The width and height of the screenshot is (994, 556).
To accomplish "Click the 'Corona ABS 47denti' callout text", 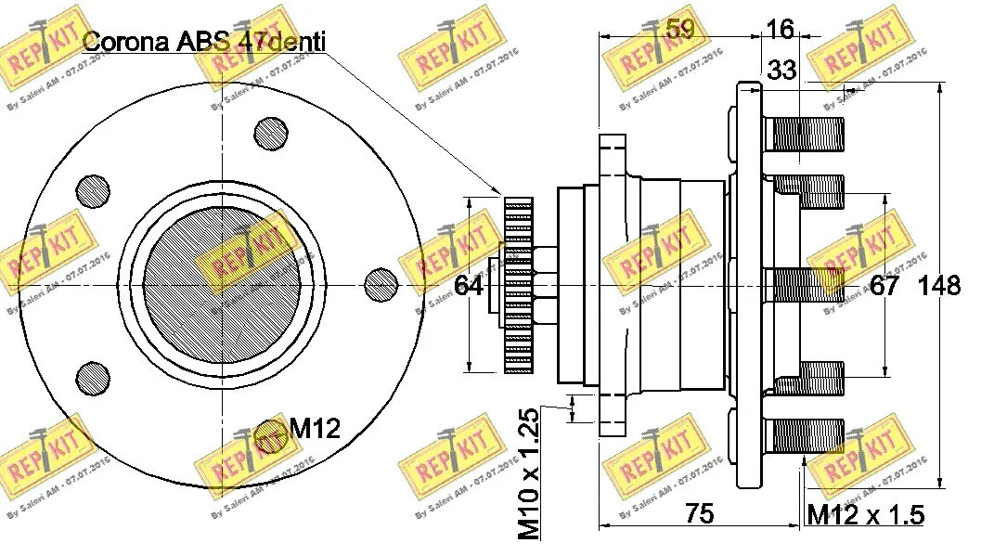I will pos(205,41).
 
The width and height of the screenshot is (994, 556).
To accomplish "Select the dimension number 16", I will pos(780,30).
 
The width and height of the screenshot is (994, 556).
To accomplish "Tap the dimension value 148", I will pos(938,285).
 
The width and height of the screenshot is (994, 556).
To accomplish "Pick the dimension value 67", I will pos(884,285).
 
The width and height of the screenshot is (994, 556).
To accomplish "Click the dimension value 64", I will pos(469,285).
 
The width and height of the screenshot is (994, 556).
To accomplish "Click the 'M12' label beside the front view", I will pos(314,428).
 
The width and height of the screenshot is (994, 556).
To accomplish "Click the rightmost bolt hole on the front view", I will pos(381,283).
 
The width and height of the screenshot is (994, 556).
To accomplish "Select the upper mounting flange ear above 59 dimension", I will pos(613,158).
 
